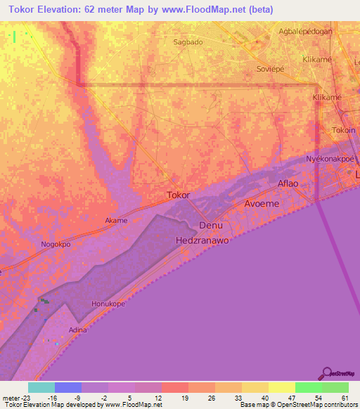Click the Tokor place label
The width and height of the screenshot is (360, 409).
pos(179,196)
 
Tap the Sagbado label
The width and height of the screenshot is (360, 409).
pos(188,42)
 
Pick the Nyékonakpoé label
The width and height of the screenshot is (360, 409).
pos(332,159)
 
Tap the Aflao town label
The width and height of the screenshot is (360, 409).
pos(288,183)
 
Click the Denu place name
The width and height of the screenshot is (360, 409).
pos(211,226)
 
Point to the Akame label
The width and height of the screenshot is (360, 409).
pos(116,221)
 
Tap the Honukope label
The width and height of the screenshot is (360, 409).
pos(108,304)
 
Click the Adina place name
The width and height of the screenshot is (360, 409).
pos(77,329)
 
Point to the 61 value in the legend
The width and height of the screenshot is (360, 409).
pos(344,397)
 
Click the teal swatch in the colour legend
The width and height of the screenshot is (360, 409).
pos(41,387)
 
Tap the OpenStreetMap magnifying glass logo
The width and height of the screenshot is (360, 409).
pos(326,373)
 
